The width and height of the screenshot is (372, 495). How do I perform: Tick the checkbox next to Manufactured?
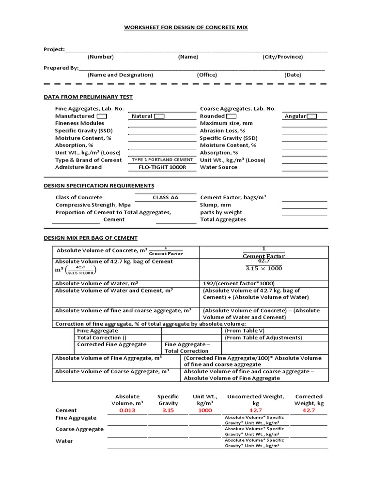102,116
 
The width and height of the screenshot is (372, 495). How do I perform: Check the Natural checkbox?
159,116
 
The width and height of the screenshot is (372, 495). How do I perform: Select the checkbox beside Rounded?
231,116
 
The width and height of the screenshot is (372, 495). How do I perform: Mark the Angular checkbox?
312,116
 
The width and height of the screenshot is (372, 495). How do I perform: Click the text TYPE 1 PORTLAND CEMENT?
162,160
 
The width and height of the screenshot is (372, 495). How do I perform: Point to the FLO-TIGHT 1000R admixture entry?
162,167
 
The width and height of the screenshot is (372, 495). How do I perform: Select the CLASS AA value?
164,197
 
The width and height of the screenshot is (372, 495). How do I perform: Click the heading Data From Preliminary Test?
88,97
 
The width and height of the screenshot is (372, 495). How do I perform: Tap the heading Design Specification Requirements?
99,186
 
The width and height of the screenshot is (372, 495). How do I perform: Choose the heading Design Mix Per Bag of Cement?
91,238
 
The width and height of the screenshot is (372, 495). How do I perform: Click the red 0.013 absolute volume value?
127,410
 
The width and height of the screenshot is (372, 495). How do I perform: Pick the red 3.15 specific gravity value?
168,410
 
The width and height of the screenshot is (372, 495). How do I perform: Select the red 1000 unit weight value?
206,410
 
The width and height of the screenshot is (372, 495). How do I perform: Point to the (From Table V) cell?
245,331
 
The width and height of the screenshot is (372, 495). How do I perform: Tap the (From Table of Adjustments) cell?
263,337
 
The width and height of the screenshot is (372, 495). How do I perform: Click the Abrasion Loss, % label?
222,131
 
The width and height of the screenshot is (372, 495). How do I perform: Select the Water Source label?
218,167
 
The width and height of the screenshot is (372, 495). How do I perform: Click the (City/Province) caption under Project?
283,57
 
